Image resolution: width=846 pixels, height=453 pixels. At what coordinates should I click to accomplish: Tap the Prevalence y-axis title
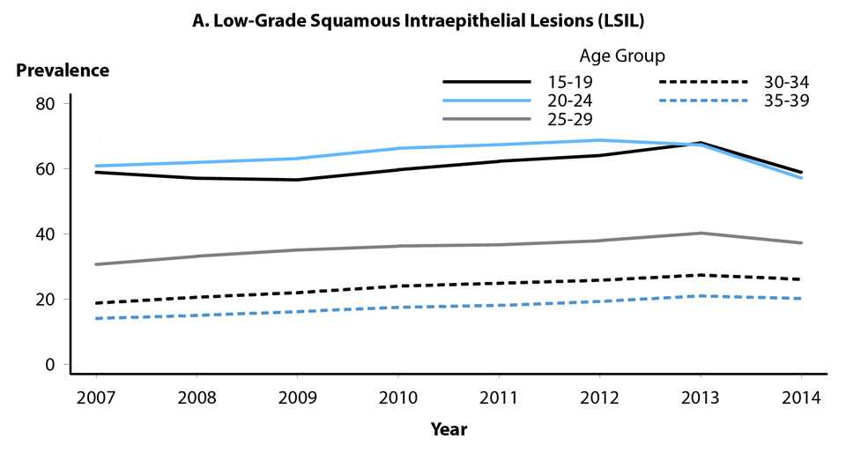click(x=61, y=71)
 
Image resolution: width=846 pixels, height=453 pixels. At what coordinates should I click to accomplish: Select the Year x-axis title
click(x=449, y=429)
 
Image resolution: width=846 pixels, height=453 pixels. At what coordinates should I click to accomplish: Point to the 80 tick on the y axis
click(x=46, y=103)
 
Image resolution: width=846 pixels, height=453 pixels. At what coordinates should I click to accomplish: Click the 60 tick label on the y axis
click(x=46, y=168)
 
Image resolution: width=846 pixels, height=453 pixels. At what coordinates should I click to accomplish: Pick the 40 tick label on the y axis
click(x=46, y=234)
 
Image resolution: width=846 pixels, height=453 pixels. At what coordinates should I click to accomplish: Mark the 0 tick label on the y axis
click(x=50, y=364)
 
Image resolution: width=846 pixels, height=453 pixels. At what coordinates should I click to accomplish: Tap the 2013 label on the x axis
click(x=700, y=397)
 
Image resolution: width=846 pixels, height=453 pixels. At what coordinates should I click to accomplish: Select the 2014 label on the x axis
click(x=802, y=397)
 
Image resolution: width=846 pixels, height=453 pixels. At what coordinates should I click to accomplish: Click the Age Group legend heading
click(x=622, y=56)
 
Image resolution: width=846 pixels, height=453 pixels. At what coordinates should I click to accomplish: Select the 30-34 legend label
click(x=787, y=83)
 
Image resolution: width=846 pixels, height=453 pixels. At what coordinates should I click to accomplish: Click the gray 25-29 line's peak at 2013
click(x=701, y=233)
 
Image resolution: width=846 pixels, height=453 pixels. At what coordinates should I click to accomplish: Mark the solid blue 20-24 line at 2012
click(x=598, y=140)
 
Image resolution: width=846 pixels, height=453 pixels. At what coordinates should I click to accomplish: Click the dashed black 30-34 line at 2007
click(x=96, y=303)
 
